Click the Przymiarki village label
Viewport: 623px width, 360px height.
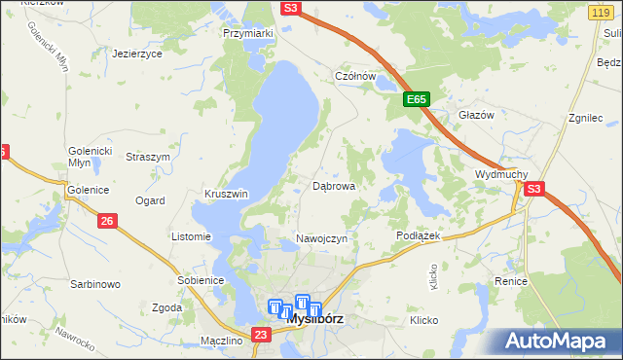point(248,33)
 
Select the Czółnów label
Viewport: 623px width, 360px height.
point(355,76)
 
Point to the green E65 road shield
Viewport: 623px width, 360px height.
point(417,100)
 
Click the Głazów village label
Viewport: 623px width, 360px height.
point(477,115)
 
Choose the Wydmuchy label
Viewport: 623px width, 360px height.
point(500,174)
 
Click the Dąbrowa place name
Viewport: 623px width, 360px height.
point(333,185)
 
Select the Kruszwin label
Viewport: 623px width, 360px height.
point(226,194)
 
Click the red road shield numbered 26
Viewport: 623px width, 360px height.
point(108,222)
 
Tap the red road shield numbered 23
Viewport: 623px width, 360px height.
point(259,335)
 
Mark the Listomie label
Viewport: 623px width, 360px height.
point(191,236)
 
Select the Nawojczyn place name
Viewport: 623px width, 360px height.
point(321,239)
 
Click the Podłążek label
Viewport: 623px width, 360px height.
point(420,236)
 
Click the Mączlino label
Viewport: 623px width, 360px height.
point(220,341)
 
